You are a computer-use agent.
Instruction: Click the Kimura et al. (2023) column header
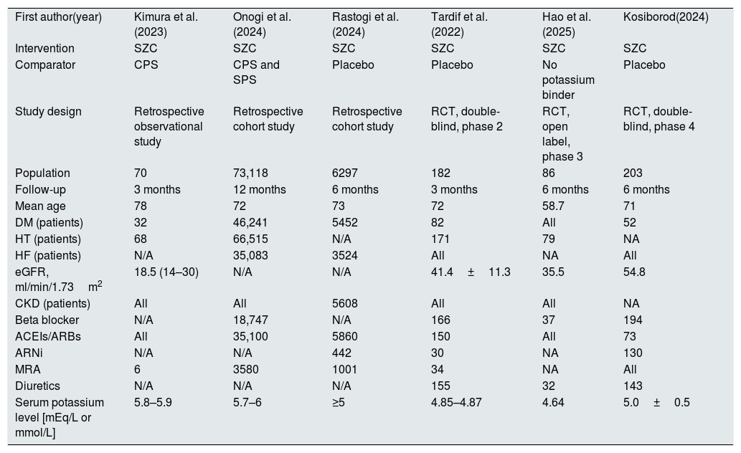point(166,24)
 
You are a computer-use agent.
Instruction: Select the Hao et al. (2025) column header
point(566,24)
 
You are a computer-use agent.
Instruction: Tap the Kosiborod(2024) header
point(666,17)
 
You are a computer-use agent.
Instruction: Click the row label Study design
point(48,112)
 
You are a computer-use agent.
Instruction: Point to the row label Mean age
point(40,206)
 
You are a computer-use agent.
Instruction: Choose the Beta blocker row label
point(47,320)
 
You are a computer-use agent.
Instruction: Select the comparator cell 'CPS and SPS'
point(256,72)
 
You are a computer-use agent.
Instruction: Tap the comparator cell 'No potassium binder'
point(568,80)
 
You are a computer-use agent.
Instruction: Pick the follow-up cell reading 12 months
point(260,189)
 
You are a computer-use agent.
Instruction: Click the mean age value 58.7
point(554,206)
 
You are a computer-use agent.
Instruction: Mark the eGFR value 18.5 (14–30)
point(166,272)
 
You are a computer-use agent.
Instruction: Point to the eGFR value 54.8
point(634,272)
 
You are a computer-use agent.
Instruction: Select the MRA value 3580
point(246,369)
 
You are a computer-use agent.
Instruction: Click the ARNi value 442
point(341,353)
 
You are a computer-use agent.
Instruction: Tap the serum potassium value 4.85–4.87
point(456,402)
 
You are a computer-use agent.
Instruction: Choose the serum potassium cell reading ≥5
point(339,402)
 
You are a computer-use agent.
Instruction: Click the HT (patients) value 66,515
point(250,239)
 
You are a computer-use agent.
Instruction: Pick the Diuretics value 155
point(441,386)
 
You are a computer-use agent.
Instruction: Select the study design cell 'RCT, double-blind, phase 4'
point(659,119)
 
